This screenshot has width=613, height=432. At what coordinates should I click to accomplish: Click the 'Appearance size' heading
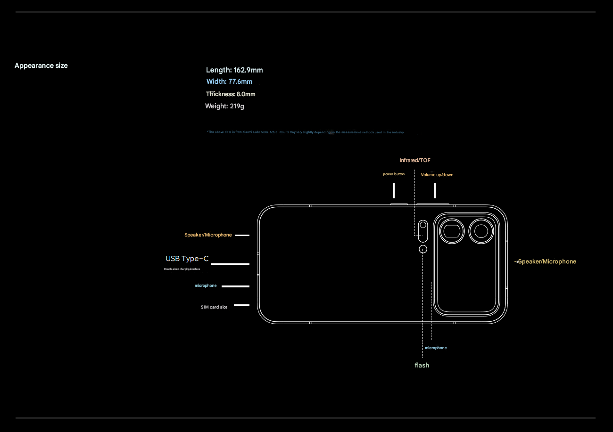(x=41, y=65)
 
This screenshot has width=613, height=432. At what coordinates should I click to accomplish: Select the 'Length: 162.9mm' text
(x=234, y=70)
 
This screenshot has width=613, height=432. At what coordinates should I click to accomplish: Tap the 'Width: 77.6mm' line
(x=229, y=82)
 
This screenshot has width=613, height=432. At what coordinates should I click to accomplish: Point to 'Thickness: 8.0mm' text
(x=231, y=94)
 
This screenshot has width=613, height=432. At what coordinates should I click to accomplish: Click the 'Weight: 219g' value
(x=224, y=106)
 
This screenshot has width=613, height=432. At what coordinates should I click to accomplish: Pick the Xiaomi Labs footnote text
(x=306, y=132)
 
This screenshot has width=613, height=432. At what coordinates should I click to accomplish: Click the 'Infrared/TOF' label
(x=414, y=161)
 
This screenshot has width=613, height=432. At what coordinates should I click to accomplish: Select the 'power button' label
(x=394, y=174)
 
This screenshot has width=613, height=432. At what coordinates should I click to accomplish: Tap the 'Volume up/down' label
(x=437, y=175)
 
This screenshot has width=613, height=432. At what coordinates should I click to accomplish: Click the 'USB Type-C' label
(x=187, y=259)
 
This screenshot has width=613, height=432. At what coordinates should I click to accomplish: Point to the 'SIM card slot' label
(x=214, y=307)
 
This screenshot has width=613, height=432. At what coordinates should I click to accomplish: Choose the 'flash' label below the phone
(x=422, y=365)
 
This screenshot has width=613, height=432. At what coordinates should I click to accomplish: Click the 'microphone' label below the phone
(x=436, y=348)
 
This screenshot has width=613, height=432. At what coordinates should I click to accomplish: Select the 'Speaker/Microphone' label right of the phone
(x=547, y=261)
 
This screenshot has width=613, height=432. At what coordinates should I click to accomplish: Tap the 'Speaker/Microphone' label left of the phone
(x=208, y=235)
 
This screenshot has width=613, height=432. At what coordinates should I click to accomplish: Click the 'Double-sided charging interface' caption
(x=182, y=269)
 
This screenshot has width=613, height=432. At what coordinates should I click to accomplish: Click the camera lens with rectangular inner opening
(x=452, y=231)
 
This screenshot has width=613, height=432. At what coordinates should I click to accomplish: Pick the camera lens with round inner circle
(x=481, y=231)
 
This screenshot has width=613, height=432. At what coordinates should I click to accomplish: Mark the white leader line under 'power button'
(x=394, y=190)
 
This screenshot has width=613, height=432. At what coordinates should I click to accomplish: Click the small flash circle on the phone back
(x=423, y=249)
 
